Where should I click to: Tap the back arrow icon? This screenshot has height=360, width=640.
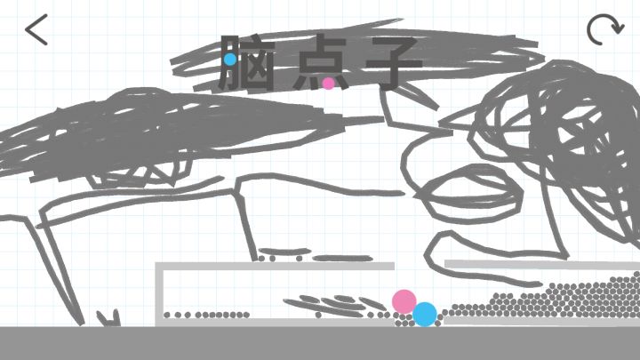(36, 29)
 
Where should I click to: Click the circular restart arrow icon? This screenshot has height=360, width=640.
(605, 29)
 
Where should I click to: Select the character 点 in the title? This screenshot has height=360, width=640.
(320, 62)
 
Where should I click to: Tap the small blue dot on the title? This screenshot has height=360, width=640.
(230, 60)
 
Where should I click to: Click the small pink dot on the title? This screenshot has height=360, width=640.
(329, 84)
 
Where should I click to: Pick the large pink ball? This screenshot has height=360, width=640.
(404, 302)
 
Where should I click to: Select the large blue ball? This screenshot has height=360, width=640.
(425, 315)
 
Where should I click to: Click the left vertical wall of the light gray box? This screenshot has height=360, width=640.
(159, 294)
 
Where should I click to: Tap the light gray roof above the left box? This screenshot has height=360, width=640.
(275, 266)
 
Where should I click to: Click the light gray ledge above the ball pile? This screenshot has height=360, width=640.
(542, 265)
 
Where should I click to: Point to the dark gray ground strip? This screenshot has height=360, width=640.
(320, 343)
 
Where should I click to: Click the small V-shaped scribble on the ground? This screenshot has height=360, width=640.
(109, 318)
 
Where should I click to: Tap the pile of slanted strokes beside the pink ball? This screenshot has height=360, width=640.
(335, 305)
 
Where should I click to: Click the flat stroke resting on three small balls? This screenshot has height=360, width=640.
(284, 252)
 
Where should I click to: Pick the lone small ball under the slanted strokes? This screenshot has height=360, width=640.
(318, 315)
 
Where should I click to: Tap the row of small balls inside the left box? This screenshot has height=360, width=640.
(206, 315)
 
